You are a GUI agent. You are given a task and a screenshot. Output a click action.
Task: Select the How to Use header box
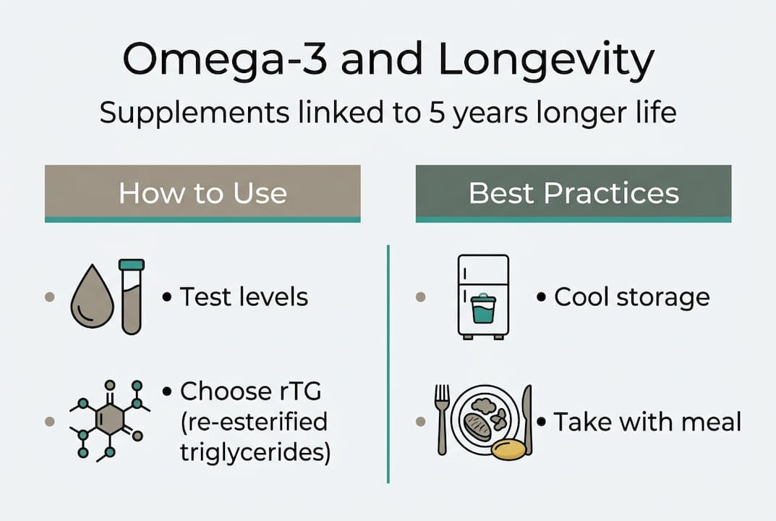[x=202, y=193]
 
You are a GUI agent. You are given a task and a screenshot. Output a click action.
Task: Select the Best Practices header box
[x=574, y=193]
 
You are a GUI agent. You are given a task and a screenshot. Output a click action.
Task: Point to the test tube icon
[x=132, y=296]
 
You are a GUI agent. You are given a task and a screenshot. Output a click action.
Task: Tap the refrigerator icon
[x=483, y=295]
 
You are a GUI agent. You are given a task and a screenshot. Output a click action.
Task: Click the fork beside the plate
[x=442, y=419]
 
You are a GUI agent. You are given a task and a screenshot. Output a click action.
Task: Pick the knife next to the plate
[x=527, y=419]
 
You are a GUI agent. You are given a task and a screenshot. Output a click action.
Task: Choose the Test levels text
[x=244, y=297]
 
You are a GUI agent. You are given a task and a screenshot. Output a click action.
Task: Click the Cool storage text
[x=631, y=297]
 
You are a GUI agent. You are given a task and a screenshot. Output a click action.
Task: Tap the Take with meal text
[x=647, y=421]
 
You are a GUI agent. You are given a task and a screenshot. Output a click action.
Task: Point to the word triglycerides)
[x=255, y=452]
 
